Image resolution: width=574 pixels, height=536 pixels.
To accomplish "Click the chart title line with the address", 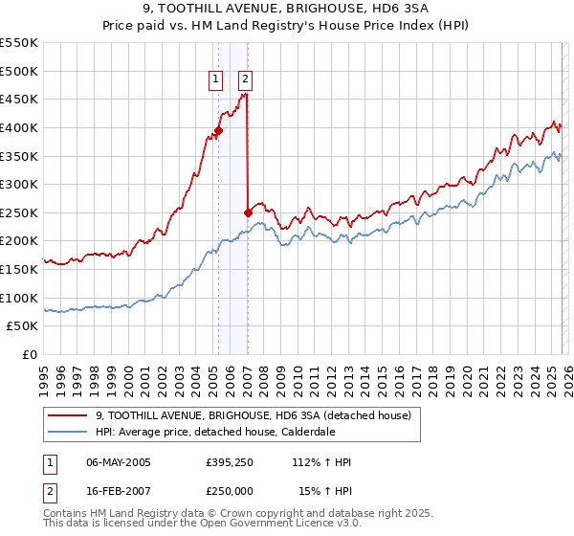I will coord(286,11).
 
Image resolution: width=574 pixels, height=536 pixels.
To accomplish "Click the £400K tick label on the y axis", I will coord(19,127).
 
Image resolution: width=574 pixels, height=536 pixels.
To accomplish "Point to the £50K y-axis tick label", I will coord(23,326).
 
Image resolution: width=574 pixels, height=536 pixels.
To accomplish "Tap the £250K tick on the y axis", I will coord(19,212).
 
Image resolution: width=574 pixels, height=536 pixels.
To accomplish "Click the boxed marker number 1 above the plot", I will coord(215,79).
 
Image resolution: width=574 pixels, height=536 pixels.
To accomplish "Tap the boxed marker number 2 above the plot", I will coord(245,79).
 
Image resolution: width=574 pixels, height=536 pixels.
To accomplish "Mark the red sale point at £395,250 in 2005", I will coord(218,130).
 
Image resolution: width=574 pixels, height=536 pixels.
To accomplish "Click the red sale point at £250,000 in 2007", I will coord(249,212).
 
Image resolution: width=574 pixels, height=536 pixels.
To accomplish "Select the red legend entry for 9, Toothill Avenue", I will coord(253,415).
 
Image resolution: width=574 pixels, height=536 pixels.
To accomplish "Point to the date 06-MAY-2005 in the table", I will coord(124,462).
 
